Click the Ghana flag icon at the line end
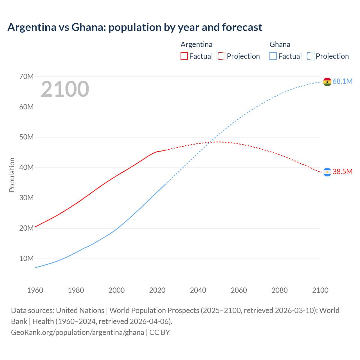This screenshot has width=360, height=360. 327,82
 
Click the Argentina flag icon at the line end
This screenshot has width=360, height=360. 327,172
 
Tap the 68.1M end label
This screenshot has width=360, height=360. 342,82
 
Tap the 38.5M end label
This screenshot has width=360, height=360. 342,172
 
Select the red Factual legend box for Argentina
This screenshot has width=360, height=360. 184,56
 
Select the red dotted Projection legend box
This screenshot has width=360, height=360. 222,56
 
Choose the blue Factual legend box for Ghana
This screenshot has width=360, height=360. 273,56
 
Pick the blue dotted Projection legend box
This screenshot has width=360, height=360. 310,56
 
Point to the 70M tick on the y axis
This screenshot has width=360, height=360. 26,76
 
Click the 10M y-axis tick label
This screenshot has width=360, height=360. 26,258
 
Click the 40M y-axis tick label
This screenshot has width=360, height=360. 26,168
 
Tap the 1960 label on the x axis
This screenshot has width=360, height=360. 35,290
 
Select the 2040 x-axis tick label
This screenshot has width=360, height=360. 198,290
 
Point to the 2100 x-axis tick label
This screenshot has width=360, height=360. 320,290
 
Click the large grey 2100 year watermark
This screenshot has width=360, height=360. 65,89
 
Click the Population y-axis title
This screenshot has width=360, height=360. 12,175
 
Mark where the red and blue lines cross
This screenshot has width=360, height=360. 210,142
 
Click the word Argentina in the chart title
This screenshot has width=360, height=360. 32,27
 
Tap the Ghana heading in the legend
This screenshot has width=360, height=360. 280,44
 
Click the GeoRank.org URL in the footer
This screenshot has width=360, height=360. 77,332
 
